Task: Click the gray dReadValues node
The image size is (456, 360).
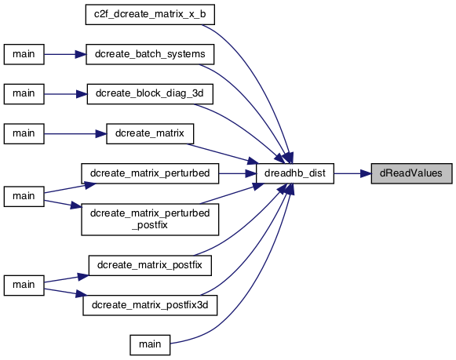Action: coord(411,173)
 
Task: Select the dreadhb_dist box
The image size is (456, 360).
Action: coord(295,173)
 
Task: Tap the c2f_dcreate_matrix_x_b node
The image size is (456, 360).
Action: coord(150,15)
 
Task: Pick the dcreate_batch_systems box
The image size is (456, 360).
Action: coord(150,54)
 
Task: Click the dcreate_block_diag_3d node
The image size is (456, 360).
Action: coord(150,94)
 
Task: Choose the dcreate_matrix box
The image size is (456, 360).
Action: coord(150,133)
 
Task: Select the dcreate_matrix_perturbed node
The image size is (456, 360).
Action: coord(150,173)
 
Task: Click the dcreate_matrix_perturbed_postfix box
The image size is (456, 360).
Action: coord(150,220)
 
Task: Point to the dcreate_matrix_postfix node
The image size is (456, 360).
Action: coord(150,265)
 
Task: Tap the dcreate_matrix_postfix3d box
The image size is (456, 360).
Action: coord(150,305)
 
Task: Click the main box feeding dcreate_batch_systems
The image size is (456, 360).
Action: coord(24,54)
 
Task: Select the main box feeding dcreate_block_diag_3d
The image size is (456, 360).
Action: coord(24,94)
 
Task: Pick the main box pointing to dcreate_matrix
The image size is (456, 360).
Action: coord(24,133)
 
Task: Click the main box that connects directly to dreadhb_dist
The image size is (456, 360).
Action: coord(150,345)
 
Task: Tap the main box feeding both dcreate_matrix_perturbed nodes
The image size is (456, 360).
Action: coord(24,196)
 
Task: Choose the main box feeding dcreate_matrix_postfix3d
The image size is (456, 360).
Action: coord(24,285)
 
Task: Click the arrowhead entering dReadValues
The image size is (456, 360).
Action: coord(366,174)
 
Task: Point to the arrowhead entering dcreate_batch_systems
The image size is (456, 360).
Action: coord(81,54)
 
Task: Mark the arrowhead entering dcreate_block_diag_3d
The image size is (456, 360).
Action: coord(82,94)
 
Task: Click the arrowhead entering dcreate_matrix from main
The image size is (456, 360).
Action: coord(101,133)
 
